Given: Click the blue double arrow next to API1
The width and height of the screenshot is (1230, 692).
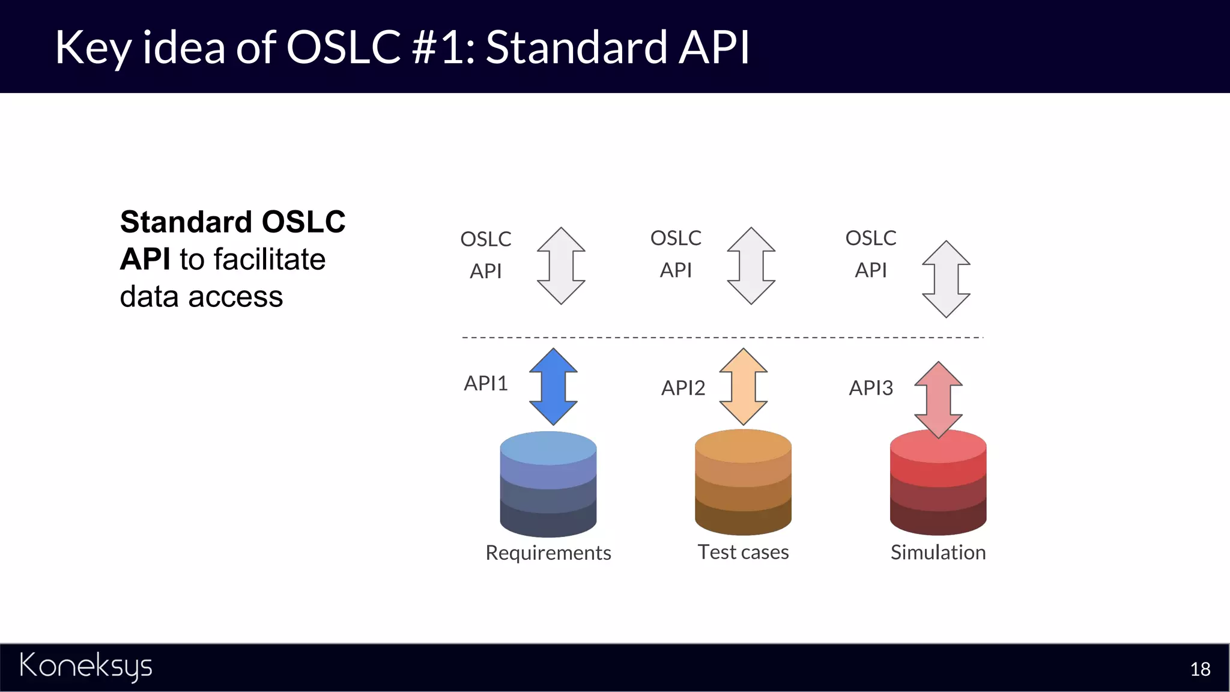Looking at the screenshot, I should point(553,387).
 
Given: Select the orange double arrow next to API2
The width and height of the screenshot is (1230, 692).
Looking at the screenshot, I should point(744,387).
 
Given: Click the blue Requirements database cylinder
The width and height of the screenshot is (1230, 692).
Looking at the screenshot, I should point(548,487).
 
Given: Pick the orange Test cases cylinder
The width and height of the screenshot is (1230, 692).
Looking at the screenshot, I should point(743,484).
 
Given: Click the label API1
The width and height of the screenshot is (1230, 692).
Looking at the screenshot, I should point(486,383).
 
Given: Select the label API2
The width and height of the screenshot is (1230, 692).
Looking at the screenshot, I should point(683,388).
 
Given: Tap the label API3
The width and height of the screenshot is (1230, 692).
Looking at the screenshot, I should point(871,388).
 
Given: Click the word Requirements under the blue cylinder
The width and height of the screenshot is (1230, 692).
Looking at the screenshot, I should point(548,553).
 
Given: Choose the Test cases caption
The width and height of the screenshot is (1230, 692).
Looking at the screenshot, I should point(743,552).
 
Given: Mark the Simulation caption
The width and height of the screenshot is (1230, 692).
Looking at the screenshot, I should point(938,552).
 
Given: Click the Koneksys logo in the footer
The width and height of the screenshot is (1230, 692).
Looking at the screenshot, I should point(86,667).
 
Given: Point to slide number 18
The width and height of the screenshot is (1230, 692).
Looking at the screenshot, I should point(1200,669).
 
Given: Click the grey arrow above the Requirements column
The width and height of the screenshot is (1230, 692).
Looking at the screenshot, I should point(561,266).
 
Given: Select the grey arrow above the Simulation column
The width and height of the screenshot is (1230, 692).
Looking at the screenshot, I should point(946,279).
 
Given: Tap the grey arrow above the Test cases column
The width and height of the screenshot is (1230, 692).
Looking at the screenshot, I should point(751,266).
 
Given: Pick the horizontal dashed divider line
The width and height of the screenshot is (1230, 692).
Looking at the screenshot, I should point(721,338).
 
